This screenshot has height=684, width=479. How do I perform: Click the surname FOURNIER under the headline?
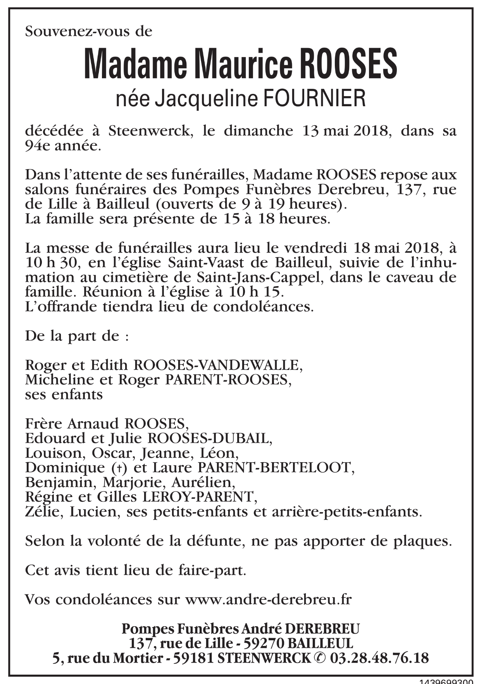pyautogui.click(x=314, y=98)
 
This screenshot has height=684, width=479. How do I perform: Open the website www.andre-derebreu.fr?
pyautogui.click(x=269, y=599)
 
